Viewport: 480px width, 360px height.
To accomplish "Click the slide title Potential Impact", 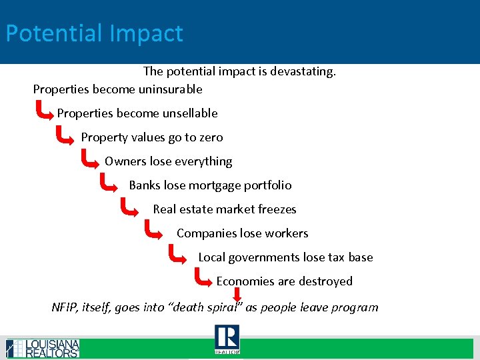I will (94, 33).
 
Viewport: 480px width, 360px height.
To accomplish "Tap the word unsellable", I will (189, 113).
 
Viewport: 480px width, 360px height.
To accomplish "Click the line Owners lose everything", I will (168, 161).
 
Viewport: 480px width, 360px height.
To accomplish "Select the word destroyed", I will (323, 281).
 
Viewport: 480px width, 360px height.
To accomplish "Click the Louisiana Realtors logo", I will (43, 348).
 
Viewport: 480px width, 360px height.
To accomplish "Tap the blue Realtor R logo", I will (227, 339).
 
